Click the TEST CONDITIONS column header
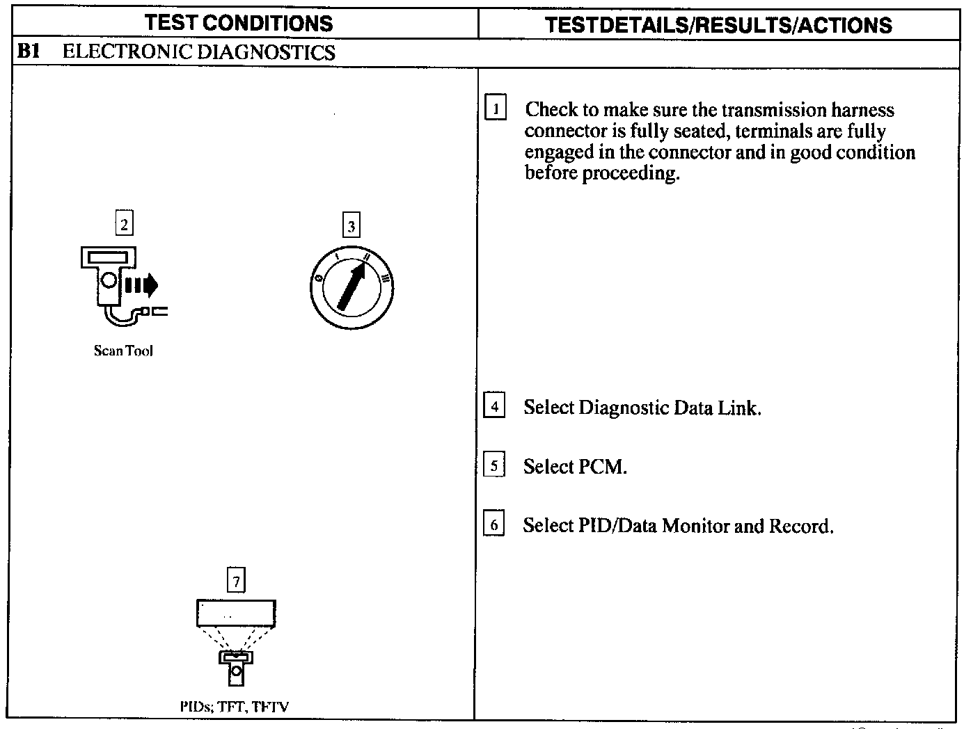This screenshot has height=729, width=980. point(239,23)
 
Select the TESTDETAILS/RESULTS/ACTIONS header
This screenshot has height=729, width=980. point(718,25)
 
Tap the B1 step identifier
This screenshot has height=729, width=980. point(29,51)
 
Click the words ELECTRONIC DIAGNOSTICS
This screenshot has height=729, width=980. point(199,52)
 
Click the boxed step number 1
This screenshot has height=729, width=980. point(495,109)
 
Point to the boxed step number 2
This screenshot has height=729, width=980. point(124,224)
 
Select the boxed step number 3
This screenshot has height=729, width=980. point(351,225)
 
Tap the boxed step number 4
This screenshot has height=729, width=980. point(493,406)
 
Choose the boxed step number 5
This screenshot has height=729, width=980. point(493,465)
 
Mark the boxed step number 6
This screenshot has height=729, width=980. point(493,524)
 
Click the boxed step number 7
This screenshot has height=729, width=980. point(237,580)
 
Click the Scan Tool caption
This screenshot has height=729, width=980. point(123,351)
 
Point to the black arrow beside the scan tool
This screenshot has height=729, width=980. point(142,284)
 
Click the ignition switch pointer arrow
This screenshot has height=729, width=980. point(351,287)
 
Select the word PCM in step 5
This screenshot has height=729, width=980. point(602,467)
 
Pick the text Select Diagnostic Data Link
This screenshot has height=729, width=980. point(642,408)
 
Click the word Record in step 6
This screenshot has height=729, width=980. point(800,526)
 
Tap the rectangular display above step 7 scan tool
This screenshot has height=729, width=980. point(236,614)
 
